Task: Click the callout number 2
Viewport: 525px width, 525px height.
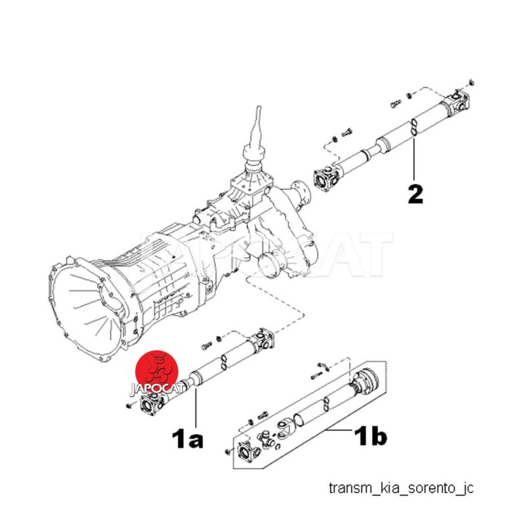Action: pos(415,194)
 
